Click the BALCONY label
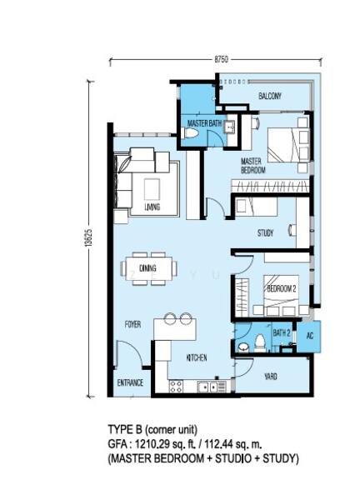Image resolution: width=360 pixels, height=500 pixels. point(269,97)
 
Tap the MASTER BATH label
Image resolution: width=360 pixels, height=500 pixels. point(203,124)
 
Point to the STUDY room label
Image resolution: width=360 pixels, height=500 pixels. point(266,233)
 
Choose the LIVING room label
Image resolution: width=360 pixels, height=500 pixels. point(152,207)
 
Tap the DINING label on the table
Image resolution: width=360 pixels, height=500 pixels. point(148,268)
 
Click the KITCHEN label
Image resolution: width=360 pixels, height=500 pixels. point(197,357)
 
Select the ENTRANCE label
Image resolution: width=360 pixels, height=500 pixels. point(131,383)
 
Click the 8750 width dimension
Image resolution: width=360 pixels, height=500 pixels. point(221,59)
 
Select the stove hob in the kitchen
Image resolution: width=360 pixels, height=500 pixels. point(176,386)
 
